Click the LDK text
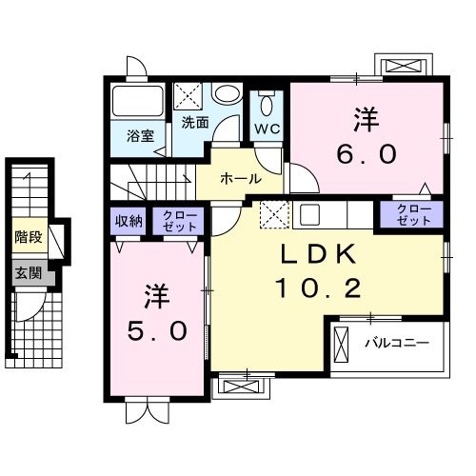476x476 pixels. coord(318,254)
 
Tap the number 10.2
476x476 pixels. coord(318,288)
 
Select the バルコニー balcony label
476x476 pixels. coord(396,342)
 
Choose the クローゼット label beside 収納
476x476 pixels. coord(180,221)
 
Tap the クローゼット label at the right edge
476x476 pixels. coord(412,214)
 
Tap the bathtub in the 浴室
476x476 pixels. coord(138,101)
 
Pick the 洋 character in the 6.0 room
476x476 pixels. coord(367,119)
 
